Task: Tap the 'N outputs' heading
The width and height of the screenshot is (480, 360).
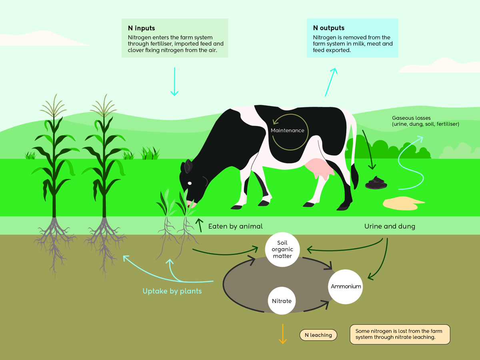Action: pos(329,28)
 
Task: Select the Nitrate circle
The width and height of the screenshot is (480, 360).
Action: pos(282,301)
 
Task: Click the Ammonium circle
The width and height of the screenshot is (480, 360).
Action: pos(346,286)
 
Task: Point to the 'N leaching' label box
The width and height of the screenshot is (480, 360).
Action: pos(318,335)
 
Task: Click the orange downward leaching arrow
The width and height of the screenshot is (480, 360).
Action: pos(283,334)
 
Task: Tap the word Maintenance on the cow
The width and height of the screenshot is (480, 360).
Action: pos(287,130)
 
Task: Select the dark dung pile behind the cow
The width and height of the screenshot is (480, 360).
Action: pos(376,183)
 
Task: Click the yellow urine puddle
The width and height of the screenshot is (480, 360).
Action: pos(402,203)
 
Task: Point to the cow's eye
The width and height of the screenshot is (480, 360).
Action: pos(190,184)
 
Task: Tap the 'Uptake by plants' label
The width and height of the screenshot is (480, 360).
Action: pos(172,291)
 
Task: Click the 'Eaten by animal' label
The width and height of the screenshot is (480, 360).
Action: pos(235,226)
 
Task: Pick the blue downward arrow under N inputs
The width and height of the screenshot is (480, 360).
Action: pos(174,82)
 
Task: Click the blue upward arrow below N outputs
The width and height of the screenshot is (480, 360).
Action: pos(331,82)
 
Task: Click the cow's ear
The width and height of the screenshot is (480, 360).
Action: pos(188,166)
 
